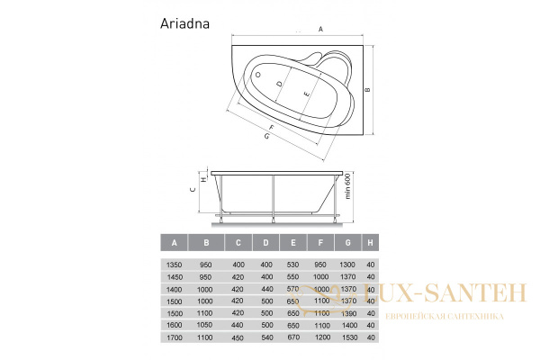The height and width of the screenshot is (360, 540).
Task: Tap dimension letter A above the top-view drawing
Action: coord(320,30)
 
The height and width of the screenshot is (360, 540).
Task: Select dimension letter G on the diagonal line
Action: coord(267,137)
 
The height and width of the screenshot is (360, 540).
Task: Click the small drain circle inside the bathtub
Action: coord(257,75)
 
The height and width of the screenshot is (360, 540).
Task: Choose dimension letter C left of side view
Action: coord(192,190)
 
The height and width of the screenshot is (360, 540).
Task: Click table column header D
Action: coord(265,242)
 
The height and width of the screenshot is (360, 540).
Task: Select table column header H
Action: coord(371,242)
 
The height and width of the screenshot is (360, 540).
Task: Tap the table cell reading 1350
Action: coord(173,264)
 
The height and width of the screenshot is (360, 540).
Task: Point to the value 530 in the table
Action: coord(292,264)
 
